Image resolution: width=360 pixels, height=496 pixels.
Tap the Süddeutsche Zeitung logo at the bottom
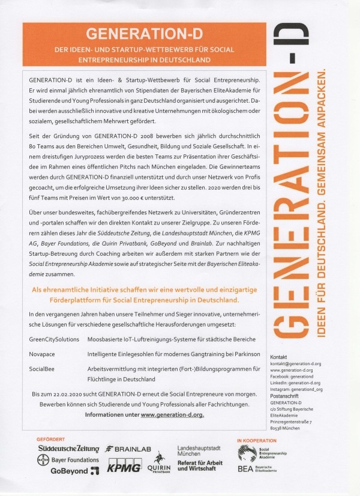click(x=69, y=449)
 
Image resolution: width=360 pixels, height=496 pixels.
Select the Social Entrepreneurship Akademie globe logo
click(x=247, y=452)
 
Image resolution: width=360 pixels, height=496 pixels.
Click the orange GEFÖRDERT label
click(x=51, y=439)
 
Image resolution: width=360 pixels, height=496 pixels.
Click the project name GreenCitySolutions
click(x=54, y=339)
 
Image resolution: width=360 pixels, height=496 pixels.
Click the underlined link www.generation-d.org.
click(x=172, y=414)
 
